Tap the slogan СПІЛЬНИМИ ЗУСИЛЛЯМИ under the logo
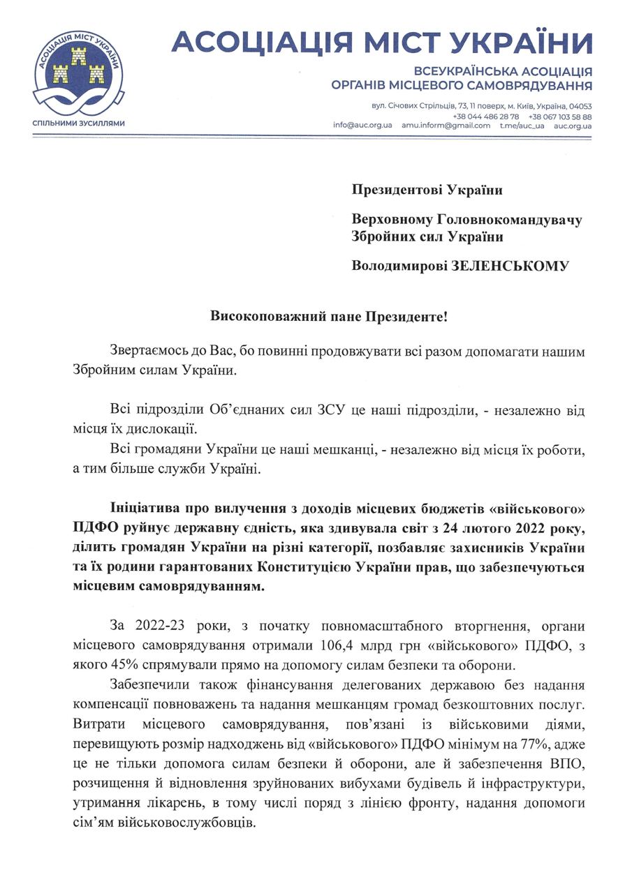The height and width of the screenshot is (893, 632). click(x=79, y=123)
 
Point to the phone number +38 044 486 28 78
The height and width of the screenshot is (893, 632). click(x=485, y=116)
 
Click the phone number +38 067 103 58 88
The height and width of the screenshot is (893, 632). click(x=560, y=116)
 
